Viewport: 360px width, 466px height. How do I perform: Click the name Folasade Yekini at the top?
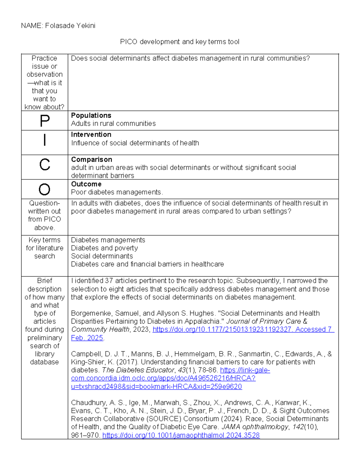(x=70, y=26)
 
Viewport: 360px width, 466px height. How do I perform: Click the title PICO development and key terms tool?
(x=179, y=42)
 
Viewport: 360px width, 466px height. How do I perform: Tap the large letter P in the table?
(x=45, y=121)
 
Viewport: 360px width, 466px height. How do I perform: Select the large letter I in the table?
(x=45, y=140)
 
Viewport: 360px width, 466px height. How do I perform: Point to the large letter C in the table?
(x=45, y=165)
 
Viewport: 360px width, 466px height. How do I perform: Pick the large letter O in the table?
(x=45, y=190)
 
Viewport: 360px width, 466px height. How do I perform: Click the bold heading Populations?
(x=91, y=116)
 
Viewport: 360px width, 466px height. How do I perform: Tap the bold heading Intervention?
(x=91, y=135)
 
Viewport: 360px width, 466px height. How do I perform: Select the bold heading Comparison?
(x=91, y=160)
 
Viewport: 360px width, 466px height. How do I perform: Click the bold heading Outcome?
(x=86, y=184)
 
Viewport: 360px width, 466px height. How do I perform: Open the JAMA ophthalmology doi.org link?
(x=181, y=435)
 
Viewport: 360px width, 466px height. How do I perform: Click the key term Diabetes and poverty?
(x=104, y=248)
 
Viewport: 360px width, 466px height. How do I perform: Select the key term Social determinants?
(x=102, y=256)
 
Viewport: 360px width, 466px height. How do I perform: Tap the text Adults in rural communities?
(x=113, y=124)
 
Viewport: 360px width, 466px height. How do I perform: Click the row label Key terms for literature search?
(x=45, y=248)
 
